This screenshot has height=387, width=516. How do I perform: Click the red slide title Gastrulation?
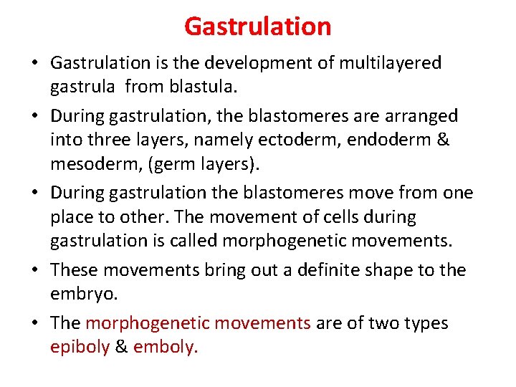(257, 27)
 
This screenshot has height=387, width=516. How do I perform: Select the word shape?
(393, 270)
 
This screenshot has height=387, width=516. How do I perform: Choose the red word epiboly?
(80, 348)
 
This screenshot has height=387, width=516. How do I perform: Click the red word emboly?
(165, 348)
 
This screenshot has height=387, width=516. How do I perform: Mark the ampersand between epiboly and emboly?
(121, 348)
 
